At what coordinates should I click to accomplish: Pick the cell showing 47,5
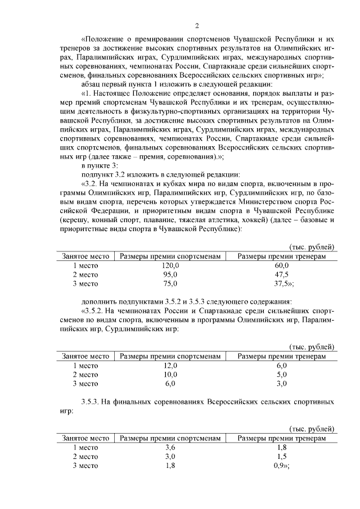281,274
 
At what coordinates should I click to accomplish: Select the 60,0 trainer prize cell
281,265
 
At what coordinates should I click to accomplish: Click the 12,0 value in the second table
170,366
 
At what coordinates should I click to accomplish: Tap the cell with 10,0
170,375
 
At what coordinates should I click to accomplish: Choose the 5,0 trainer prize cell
281,375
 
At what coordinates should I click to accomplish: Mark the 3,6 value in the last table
170,447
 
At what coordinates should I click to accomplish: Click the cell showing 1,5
281,456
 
